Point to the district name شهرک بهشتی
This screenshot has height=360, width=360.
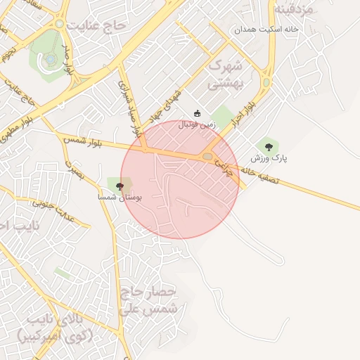[226, 75]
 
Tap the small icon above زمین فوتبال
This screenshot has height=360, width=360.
[198, 113]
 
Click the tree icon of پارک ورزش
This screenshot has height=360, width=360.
[269, 146]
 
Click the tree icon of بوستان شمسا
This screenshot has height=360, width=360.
[120, 186]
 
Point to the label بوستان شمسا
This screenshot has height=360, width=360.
[120, 198]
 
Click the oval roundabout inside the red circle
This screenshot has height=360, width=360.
[208, 156]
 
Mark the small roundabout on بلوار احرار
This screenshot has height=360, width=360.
[266, 82]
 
